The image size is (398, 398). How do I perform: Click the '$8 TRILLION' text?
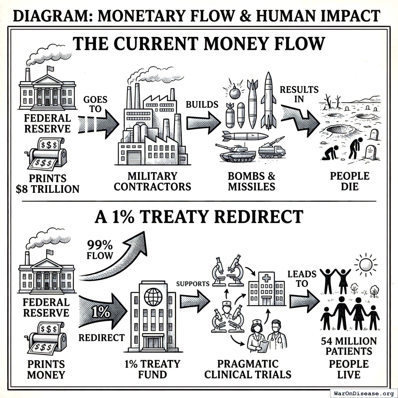tap(47, 189)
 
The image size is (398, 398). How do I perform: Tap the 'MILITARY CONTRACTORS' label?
tap(152, 181)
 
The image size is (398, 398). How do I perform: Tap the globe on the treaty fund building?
tap(153, 297)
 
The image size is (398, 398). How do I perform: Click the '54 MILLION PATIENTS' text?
tap(349, 346)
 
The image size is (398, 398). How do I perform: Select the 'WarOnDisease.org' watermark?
tap(363, 393)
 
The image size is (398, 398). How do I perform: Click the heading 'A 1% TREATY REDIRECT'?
tap(199, 217)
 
